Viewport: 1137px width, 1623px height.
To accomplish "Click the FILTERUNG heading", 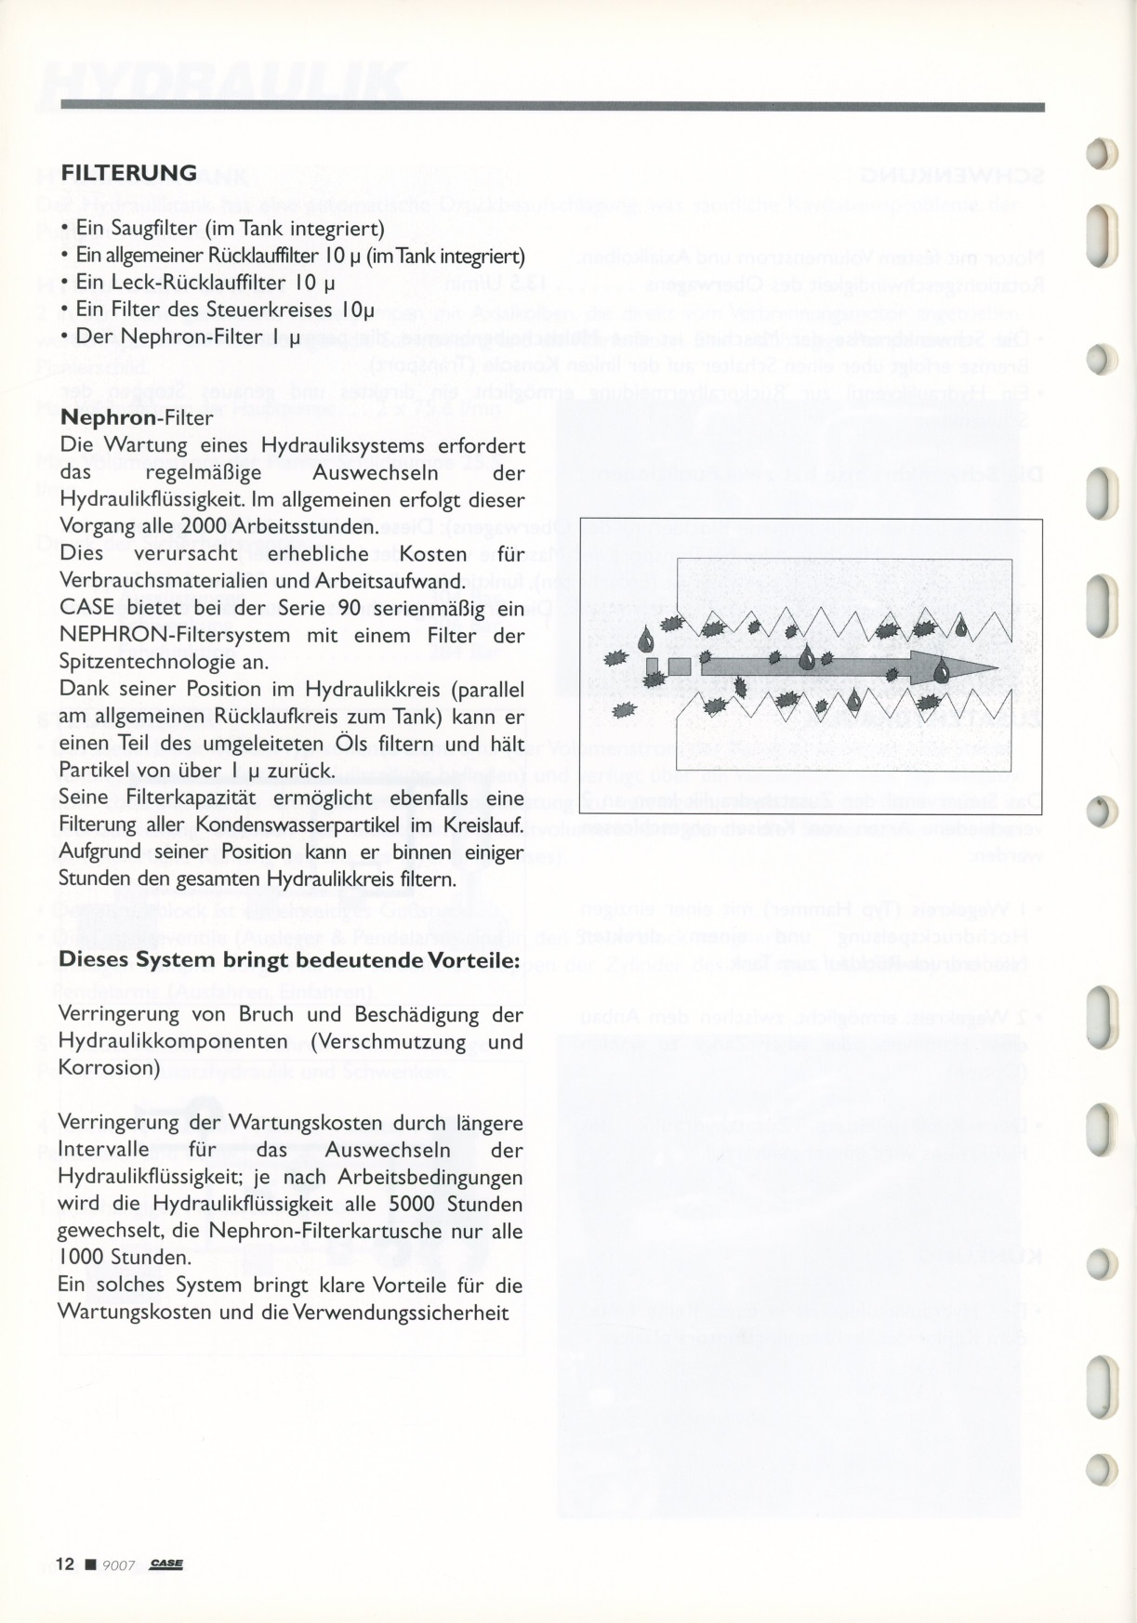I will [128, 173].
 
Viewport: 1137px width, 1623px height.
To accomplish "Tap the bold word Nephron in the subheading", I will [110, 417].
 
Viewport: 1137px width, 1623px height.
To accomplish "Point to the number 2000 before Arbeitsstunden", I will [205, 527].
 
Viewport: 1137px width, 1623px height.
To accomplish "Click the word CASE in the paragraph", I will [86, 609].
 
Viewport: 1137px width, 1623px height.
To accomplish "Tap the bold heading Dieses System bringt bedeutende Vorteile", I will [289, 959].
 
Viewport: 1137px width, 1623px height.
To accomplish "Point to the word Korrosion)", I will [109, 1068].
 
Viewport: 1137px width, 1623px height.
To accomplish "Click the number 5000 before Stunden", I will [412, 1204].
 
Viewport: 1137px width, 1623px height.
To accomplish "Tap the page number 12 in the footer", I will [64, 1564].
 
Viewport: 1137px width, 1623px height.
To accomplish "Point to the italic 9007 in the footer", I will [119, 1565].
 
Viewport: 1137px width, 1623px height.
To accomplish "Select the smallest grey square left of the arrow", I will [653, 666].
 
